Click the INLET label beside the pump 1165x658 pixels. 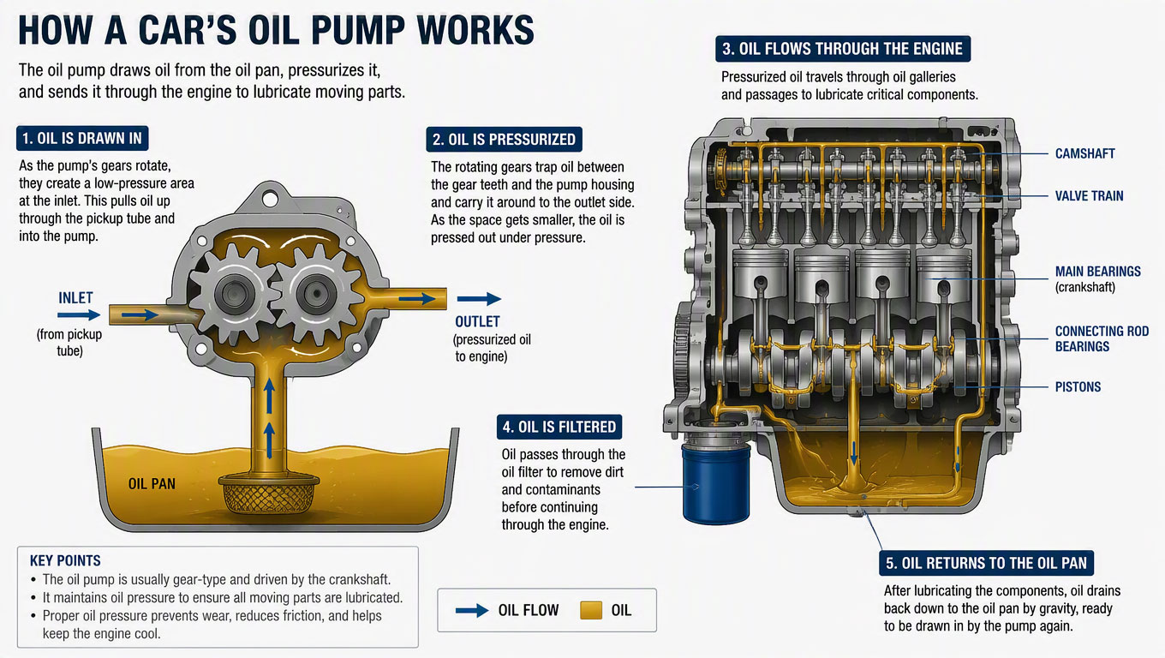(x=75, y=298)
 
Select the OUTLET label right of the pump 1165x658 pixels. (x=477, y=322)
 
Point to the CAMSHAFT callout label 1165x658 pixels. (x=1084, y=154)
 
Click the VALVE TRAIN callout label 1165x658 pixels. (x=1089, y=196)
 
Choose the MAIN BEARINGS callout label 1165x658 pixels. (x=1097, y=272)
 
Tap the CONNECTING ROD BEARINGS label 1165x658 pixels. (x=1102, y=338)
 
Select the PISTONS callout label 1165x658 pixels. (x=1078, y=387)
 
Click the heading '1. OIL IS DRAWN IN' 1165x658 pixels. (x=82, y=138)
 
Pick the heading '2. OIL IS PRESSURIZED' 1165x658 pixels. (x=504, y=140)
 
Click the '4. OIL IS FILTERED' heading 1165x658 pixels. (x=559, y=427)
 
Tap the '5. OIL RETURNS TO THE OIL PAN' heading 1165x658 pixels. (x=986, y=563)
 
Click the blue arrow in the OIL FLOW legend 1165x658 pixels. (x=472, y=611)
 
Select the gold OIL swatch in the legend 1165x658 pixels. (x=591, y=610)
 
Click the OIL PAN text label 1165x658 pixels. (x=152, y=484)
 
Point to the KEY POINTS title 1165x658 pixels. (x=65, y=560)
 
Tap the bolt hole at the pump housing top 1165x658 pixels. (x=269, y=198)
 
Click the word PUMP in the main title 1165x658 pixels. (x=358, y=30)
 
